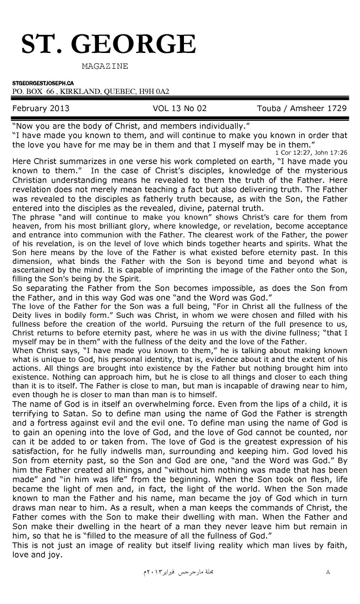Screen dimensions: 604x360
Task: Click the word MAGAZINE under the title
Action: coord(105,66)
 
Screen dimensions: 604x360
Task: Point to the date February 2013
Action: coord(41,109)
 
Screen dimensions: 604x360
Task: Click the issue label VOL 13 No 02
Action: coord(179,109)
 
